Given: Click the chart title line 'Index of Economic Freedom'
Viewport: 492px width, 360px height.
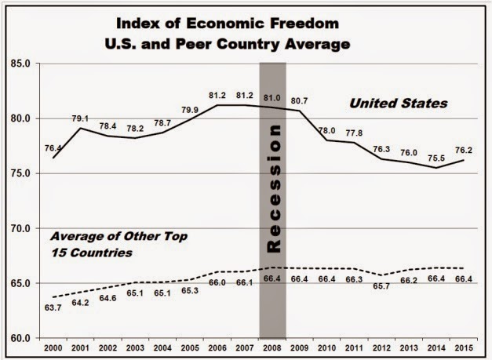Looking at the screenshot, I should coord(245,19).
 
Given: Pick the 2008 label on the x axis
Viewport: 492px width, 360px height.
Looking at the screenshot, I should coord(272,348).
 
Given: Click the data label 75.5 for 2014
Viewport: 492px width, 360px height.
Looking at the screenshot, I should coord(438,156).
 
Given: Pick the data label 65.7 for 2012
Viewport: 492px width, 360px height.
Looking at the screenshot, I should coord(383,307).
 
